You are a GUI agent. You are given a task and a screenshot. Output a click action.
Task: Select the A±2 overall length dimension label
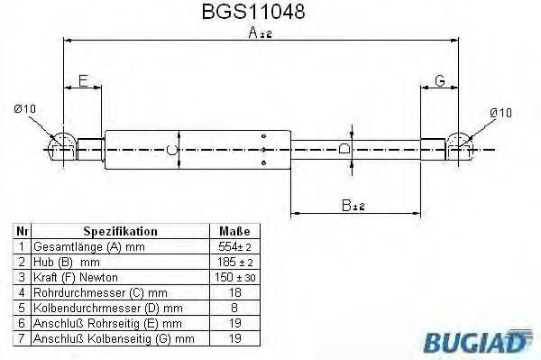click(261, 33)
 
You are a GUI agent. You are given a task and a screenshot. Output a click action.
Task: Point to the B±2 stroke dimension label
click(353, 206)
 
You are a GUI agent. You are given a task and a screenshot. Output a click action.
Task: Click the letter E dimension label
click(83, 81)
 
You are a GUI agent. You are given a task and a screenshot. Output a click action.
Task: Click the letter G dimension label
click(440, 81)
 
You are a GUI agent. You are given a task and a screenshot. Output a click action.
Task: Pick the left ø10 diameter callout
click(26, 109)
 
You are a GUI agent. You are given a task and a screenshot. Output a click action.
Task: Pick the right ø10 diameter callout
click(500, 112)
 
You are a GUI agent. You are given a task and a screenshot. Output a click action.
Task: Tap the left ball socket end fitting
click(62, 145)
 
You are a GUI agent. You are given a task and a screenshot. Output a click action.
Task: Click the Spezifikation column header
click(120, 231)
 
